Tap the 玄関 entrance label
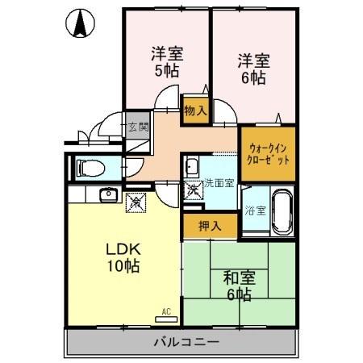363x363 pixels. [138, 127]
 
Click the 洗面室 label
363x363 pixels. [219, 183]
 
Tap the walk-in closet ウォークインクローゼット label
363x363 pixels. [268, 153]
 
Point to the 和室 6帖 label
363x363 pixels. [239, 285]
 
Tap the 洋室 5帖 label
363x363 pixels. [167, 62]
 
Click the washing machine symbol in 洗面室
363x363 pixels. [194, 190]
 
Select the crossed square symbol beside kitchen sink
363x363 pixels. [135, 202]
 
